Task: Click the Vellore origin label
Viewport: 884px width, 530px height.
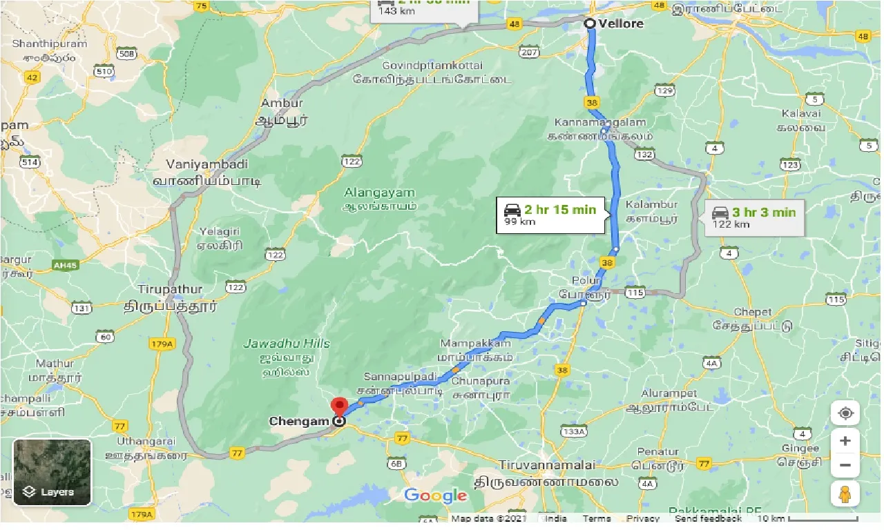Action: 621,23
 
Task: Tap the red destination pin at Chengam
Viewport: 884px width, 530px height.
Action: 338,406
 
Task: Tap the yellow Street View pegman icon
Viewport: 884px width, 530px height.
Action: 845,494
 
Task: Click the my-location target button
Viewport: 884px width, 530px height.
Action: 845,414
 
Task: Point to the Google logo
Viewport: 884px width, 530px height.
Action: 435,495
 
